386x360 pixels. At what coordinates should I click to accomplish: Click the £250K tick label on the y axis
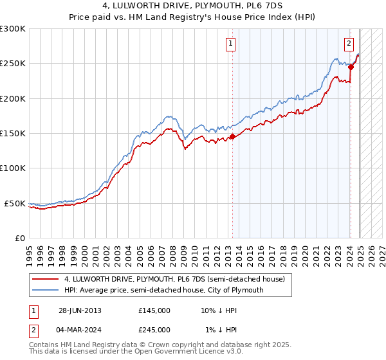coord(13,64)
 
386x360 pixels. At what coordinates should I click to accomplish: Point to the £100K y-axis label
coord(13,168)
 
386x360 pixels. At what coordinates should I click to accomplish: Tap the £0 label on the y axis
coord(19,238)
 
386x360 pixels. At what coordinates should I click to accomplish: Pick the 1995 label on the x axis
coord(30,250)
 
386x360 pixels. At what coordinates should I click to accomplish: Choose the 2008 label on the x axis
coord(174,250)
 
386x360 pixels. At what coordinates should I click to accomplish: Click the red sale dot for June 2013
coord(232,136)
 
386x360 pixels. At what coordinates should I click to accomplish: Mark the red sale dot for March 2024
coord(351,67)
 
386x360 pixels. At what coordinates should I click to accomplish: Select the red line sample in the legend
coord(45,279)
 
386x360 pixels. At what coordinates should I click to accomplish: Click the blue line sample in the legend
coord(45,290)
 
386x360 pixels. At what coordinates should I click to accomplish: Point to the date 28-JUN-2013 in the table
coord(80,310)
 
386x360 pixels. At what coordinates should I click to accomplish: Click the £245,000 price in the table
coord(154,329)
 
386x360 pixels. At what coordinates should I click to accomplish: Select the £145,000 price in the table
coord(154,310)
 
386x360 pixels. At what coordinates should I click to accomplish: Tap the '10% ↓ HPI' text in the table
coord(219,310)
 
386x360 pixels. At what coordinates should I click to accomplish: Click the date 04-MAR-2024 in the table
coord(80,329)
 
